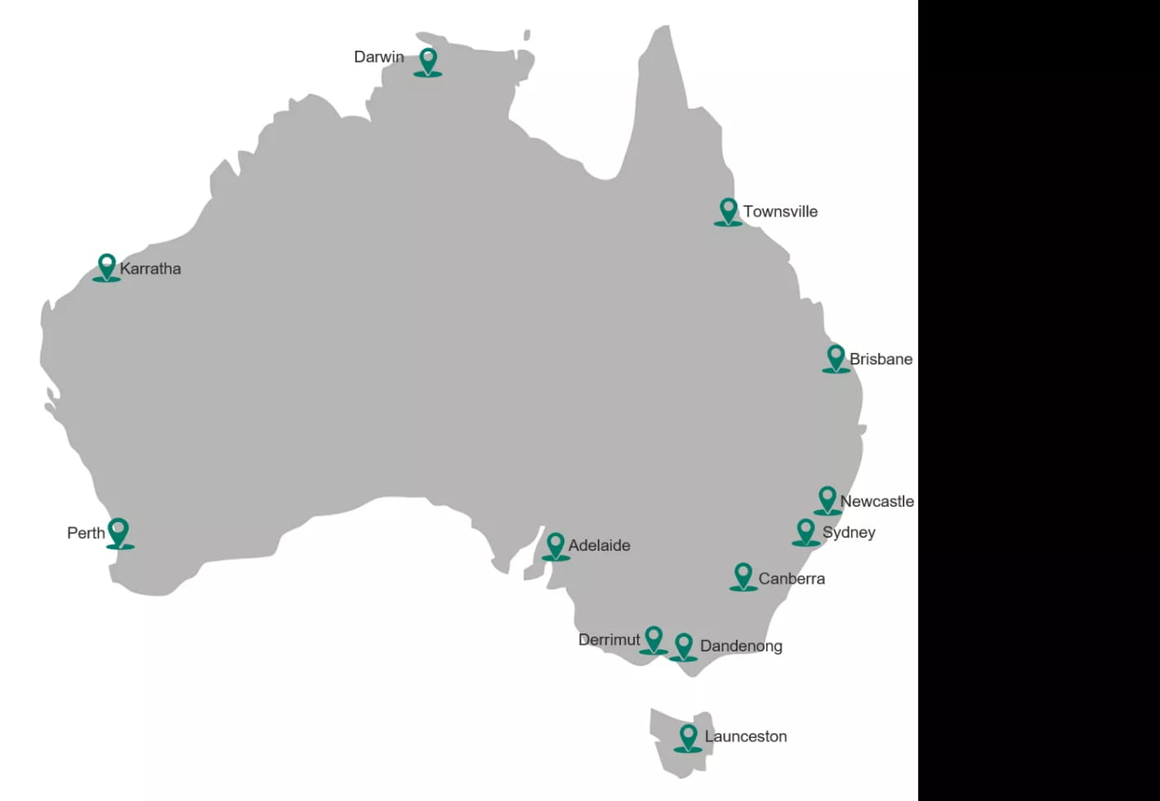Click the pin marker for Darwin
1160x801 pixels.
427,61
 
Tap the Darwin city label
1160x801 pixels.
378,57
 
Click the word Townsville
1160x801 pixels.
780,212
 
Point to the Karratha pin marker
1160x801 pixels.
106,266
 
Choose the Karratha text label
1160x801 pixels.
150,269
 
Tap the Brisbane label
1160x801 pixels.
881,360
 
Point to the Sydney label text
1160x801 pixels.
849,533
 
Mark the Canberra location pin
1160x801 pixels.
743,575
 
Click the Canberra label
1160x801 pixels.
792,579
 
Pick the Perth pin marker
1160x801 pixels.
119,533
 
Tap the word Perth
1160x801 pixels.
86,533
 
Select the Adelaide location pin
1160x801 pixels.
555,545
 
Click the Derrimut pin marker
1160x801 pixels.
653,639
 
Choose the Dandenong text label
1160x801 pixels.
741,647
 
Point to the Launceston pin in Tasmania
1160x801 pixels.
688,736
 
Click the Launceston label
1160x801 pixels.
746,736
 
